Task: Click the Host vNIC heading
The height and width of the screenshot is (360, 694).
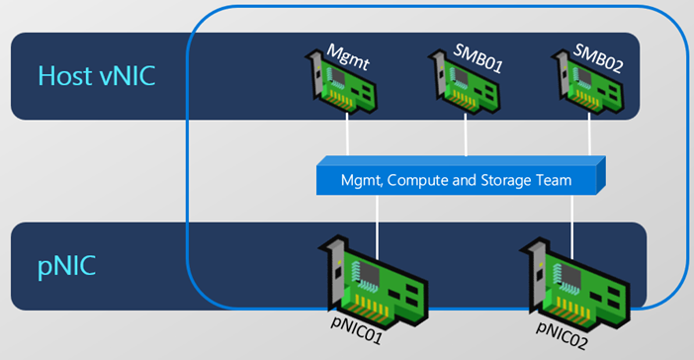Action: (x=97, y=76)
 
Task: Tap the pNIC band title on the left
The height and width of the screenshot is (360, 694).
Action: (x=66, y=266)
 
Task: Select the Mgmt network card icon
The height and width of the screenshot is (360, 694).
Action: (x=341, y=82)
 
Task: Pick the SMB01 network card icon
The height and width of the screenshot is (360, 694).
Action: (x=464, y=82)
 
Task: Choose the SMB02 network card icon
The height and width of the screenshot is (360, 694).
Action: (x=587, y=82)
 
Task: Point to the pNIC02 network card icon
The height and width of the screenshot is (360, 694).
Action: (x=575, y=284)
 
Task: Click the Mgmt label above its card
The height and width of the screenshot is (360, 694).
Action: (x=348, y=57)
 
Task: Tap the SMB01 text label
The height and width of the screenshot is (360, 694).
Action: (x=478, y=58)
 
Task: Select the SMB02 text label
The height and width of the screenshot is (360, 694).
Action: (x=598, y=58)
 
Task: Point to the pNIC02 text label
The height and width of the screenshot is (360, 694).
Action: (x=563, y=335)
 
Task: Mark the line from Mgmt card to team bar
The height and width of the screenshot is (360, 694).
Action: (x=347, y=135)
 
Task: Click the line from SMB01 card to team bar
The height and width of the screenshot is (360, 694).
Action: (x=466, y=135)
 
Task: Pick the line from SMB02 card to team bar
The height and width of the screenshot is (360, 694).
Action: (x=589, y=135)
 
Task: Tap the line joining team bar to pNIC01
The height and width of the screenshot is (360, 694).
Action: (x=377, y=227)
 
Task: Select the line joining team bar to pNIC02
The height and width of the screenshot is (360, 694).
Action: (x=571, y=227)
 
